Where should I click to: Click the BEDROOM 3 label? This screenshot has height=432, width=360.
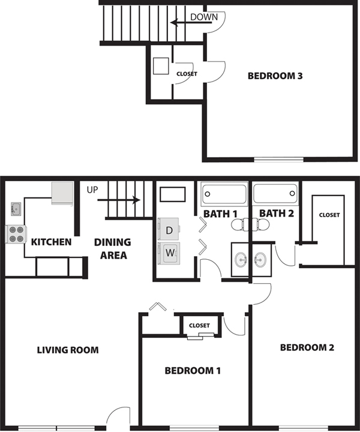(x=275, y=76)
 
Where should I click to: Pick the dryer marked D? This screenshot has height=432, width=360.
(x=169, y=230)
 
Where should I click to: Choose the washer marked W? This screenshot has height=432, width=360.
(x=169, y=253)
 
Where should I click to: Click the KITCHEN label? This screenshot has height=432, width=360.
(x=52, y=242)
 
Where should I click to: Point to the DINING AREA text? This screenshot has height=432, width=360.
(x=112, y=248)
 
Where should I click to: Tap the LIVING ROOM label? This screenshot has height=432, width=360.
(x=67, y=350)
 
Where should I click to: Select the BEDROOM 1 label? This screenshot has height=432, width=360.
(x=193, y=371)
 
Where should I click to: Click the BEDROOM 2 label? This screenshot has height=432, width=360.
(x=307, y=347)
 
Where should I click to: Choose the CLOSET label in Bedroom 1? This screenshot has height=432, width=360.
(x=199, y=325)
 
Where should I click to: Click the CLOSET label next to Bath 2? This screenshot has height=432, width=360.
(x=329, y=215)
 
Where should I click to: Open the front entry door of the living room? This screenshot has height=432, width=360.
(x=113, y=419)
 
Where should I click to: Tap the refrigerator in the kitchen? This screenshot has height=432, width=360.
(x=62, y=193)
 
